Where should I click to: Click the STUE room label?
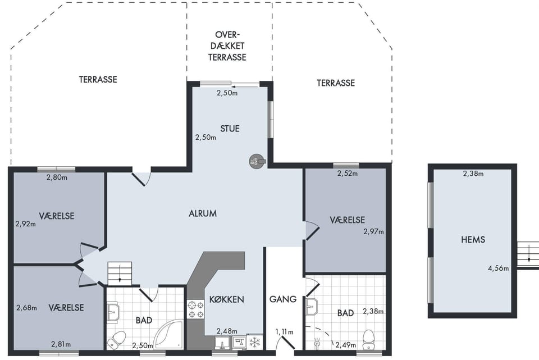pyautogui.click(x=230, y=129)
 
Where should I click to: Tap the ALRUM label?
pyautogui.click(x=203, y=213)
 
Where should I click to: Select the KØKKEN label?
pyautogui.click(x=227, y=299)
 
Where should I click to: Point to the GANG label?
pyautogui.click(x=283, y=299)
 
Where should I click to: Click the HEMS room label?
pyautogui.click(x=473, y=239)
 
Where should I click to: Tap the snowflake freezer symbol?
pyautogui.click(x=255, y=343)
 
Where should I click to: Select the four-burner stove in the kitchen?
pyautogui.click(x=195, y=309)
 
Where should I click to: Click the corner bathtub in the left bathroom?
pyautogui.click(x=168, y=334)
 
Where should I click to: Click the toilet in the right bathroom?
pyautogui.click(x=368, y=339)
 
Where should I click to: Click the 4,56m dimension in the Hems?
pyautogui.click(x=499, y=268)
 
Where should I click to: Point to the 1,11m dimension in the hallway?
pyautogui.click(x=284, y=332)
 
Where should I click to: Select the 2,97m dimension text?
pyautogui.click(x=374, y=232)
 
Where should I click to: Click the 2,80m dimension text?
pyautogui.click(x=57, y=177)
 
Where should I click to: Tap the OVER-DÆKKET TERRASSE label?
pyautogui.click(x=227, y=46)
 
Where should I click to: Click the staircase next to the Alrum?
pyautogui.click(x=120, y=274)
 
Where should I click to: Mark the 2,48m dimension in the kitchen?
pyautogui.click(x=227, y=331)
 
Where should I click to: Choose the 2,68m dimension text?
pyautogui.click(x=26, y=308)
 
